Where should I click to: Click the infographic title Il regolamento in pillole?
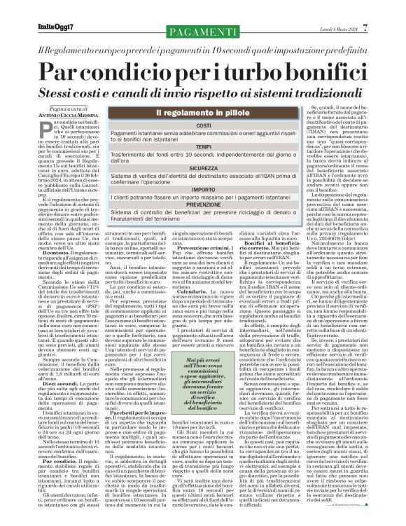(x=204, y=112)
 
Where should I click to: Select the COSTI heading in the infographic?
(x=204, y=125)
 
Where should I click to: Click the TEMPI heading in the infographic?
(x=204, y=146)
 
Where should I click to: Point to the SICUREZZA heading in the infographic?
(x=204, y=168)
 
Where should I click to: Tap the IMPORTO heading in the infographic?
(x=204, y=189)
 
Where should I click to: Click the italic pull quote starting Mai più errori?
(x=225, y=403)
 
